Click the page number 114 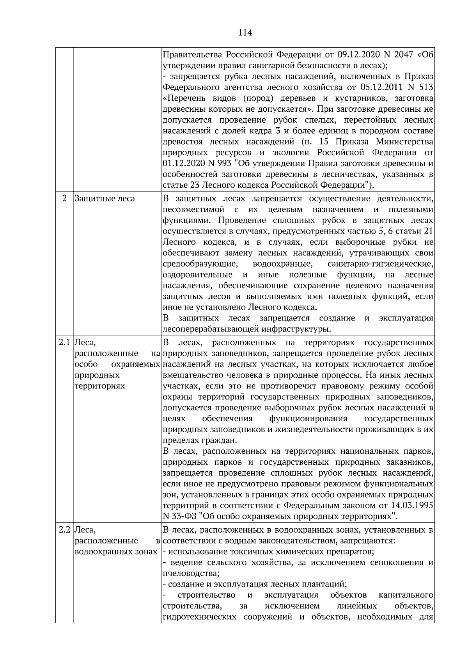pyautogui.click(x=245, y=33)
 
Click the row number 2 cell pyautogui.click(x=64, y=198)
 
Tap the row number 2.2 pyautogui.click(x=64, y=530)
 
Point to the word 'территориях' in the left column pyautogui.click(x=99, y=386)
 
